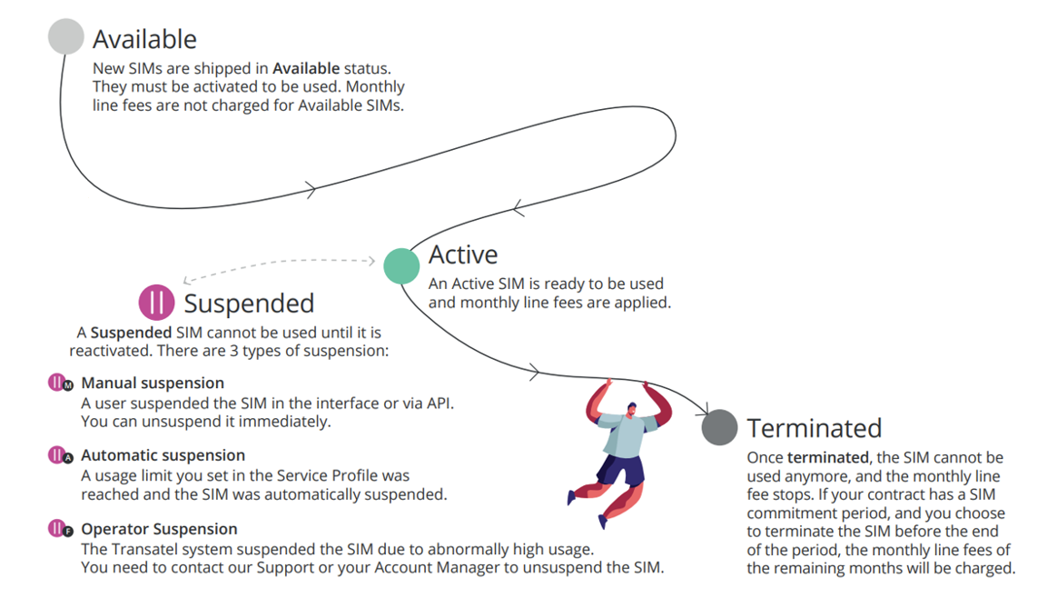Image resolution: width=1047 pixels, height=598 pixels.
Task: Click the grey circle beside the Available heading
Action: coord(65,37)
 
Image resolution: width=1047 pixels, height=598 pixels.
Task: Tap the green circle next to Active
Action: coord(401,265)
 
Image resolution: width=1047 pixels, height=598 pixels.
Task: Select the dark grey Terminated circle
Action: coord(719,427)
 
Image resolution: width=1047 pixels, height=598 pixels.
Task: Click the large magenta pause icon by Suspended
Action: coord(156,302)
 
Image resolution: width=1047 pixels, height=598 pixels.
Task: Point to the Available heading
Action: coord(144,39)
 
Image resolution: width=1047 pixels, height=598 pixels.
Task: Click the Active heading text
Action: coord(463,255)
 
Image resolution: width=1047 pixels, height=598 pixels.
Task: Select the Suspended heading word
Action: coord(249,304)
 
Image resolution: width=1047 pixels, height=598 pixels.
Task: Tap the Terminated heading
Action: coord(814,428)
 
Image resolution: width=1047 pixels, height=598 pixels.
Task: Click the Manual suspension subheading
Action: coord(153,384)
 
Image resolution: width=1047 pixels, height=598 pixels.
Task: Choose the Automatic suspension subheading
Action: coord(163,455)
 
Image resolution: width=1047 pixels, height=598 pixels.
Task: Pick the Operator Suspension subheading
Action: coord(159,529)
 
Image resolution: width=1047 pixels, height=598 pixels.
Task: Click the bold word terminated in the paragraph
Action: coord(826,457)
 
